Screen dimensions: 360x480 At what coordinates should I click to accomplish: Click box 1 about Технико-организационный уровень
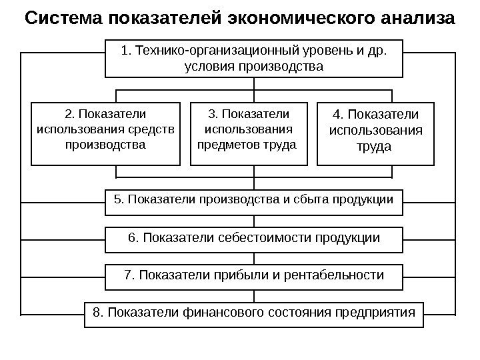pyautogui.click(x=254, y=58)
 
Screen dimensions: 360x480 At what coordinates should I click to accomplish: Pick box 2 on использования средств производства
pyautogui.click(x=106, y=133)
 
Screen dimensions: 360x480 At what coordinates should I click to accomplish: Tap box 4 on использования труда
pyautogui.click(x=376, y=133)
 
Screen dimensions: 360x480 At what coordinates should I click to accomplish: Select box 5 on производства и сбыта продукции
pyautogui.click(x=254, y=201)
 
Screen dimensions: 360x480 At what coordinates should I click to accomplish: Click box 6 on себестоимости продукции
pyautogui.click(x=254, y=239)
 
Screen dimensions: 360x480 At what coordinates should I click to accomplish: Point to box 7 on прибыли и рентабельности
pyautogui.click(x=254, y=275)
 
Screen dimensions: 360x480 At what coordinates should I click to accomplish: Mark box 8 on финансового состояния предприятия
pyautogui.click(x=254, y=313)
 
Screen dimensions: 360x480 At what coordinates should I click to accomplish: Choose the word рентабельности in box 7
pyautogui.click(x=334, y=275)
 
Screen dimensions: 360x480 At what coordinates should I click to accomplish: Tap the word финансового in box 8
pyautogui.click(x=215, y=312)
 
